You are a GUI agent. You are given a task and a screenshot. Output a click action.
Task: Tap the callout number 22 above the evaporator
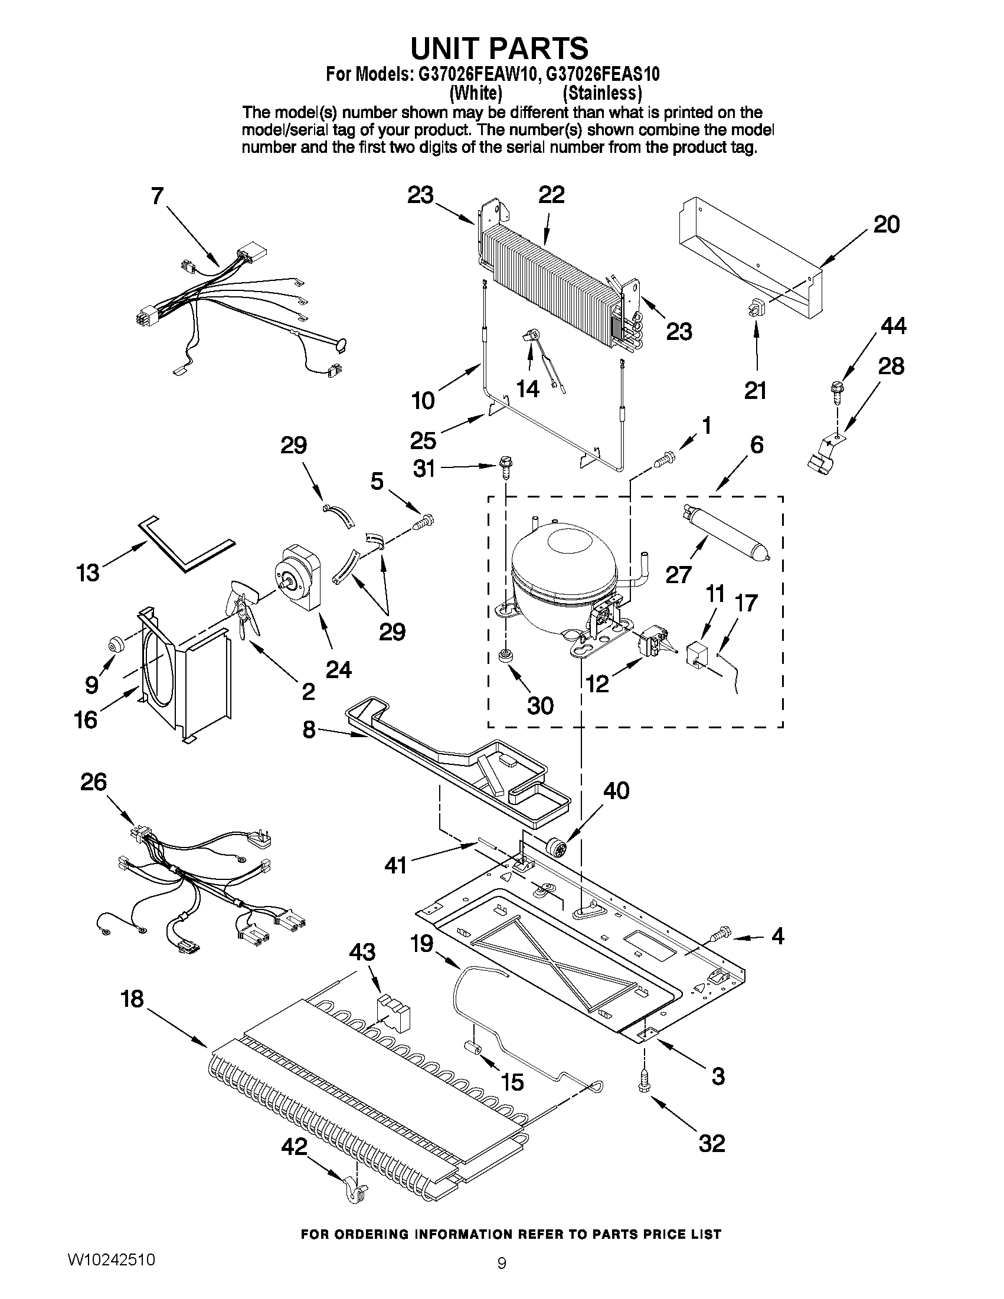[x=551, y=196]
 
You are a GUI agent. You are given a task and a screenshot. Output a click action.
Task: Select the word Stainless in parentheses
[x=602, y=93]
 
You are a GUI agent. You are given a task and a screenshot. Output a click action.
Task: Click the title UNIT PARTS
[x=501, y=48]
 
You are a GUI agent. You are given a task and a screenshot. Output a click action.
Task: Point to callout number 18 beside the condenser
[x=132, y=999]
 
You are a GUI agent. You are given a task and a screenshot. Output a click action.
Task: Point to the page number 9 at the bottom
[x=501, y=1275]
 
